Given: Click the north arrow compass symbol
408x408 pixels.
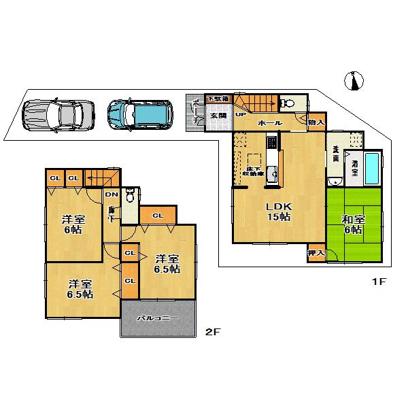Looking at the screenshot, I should click(x=353, y=81).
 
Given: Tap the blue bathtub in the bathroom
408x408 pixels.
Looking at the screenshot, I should click(x=373, y=170).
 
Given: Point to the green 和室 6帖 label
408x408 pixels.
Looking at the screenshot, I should click(x=354, y=225).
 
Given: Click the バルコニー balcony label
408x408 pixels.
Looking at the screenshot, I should click(x=158, y=318).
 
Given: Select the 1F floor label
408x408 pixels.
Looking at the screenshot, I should click(x=378, y=282).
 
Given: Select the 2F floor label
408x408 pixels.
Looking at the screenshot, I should click(x=214, y=333).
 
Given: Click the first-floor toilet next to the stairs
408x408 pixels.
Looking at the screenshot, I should click(x=287, y=104).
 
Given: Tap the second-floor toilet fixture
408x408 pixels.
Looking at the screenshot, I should click(x=131, y=196).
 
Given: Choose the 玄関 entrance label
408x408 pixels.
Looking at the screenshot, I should click(x=218, y=116).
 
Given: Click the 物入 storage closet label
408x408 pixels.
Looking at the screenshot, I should click(x=316, y=122).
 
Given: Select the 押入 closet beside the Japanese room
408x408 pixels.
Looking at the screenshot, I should click(x=316, y=252).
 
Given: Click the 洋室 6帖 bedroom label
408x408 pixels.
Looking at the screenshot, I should click(x=73, y=225).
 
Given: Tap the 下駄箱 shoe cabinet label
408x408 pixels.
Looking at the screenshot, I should click(x=218, y=99).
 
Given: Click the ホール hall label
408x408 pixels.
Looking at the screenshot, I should click(x=271, y=123).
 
